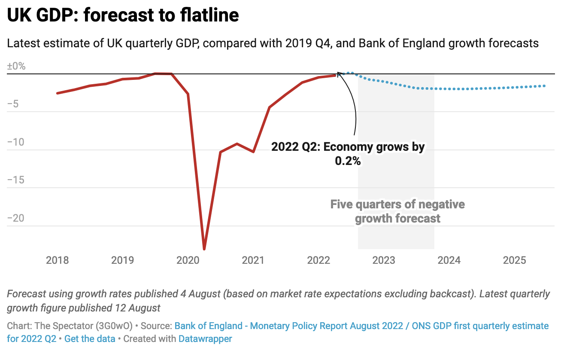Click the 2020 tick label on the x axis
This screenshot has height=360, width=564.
coord(188,260)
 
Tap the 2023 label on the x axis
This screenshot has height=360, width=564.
coord(384,260)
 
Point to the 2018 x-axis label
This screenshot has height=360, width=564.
coord(57,260)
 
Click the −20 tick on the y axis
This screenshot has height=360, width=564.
coord(16,218)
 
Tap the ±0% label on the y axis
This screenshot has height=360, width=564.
coord(16,67)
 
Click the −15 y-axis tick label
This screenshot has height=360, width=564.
coord(16,180)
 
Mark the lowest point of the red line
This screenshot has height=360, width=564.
coord(204,249)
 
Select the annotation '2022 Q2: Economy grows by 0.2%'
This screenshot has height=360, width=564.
coord(348,153)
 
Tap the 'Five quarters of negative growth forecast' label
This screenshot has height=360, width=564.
coord(397,211)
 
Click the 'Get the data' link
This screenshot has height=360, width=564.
coord(90,339)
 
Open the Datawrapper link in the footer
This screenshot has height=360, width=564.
coord(205,339)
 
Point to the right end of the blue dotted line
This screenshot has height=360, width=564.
coord(545,86)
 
